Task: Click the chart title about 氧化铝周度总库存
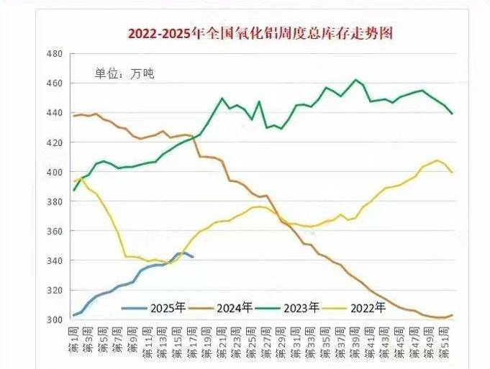pyautogui.click(x=260, y=32)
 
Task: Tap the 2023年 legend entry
pyautogui.click(x=302, y=309)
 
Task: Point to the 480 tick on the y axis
pyautogui.click(x=55, y=54)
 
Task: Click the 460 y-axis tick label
pyautogui.click(x=55, y=83)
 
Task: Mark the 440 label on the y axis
pyautogui.click(x=55, y=113)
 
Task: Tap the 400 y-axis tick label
pyautogui.click(x=55, y=172)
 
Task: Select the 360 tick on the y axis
pyautogui.click(x=55, y=231)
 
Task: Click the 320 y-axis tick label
pyautogui.click(x=55, y=290)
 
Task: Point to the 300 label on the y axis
pyautogui.click(x=55, y=319)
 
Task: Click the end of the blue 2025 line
pyautogui.click(x=193, y=257)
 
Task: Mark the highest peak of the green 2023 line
pyautogui.click(x=355, y=80)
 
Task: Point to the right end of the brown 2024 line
pyautogui.click(x=453, y=315)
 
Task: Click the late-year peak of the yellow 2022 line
pyautogui.click(x=437, y=160)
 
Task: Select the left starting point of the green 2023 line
pyautogui.click(x=73, y=191)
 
